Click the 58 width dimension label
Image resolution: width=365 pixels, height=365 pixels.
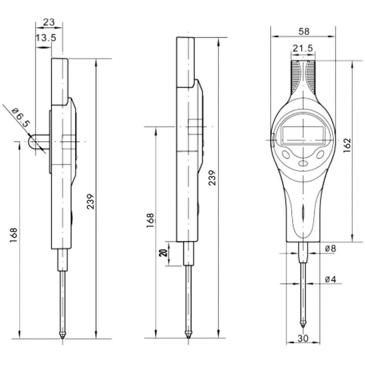click(x=304, y=31)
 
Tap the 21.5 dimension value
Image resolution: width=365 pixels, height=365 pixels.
click(x=303, y=48)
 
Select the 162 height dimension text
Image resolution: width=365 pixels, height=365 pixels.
click(x=347, y=145)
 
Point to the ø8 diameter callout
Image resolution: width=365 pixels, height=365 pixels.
click(x=330, y=249)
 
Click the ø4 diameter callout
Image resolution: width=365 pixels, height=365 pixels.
click(x=330, y=279)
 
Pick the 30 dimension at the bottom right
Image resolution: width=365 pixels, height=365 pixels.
click(x=303, y=339)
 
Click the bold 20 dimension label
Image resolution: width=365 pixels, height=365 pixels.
click(x=164, y=253)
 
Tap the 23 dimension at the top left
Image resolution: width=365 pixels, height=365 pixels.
click(x=49, y=22)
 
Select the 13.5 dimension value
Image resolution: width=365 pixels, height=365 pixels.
click(x=46, y=37)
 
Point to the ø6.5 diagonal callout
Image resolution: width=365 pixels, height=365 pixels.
click(x=21, y=118)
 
